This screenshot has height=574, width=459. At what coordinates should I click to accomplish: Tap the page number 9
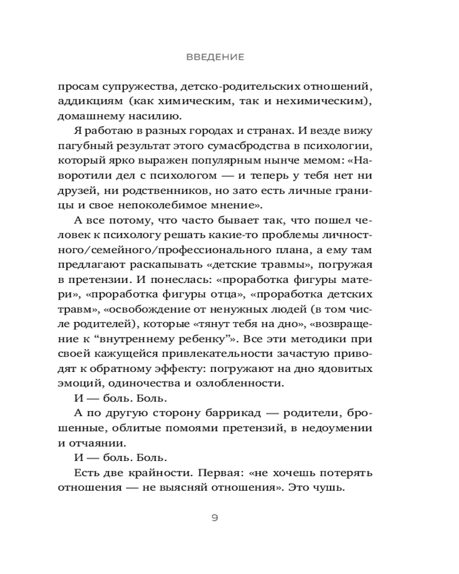(x=215, y=518)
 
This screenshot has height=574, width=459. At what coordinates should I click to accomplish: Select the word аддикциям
(x=85, y=102)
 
